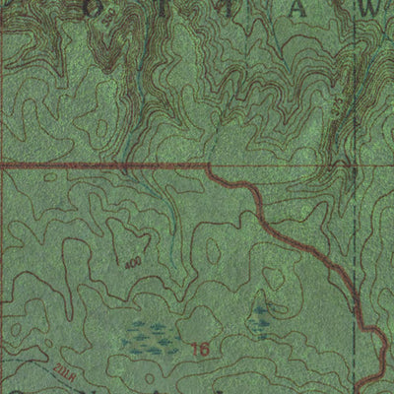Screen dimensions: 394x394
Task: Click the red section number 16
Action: pyautogui.click(x=202, y=348)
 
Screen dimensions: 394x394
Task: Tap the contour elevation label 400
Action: pyautogui.click(x=132, y=264)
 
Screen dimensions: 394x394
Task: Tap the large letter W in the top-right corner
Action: pyautogui.click(x=369, y=8)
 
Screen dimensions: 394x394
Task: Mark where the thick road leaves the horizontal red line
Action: pyautogui.click(x=209, y=167)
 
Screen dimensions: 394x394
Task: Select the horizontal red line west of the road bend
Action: pyautogui.click(x=98, y=166)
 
